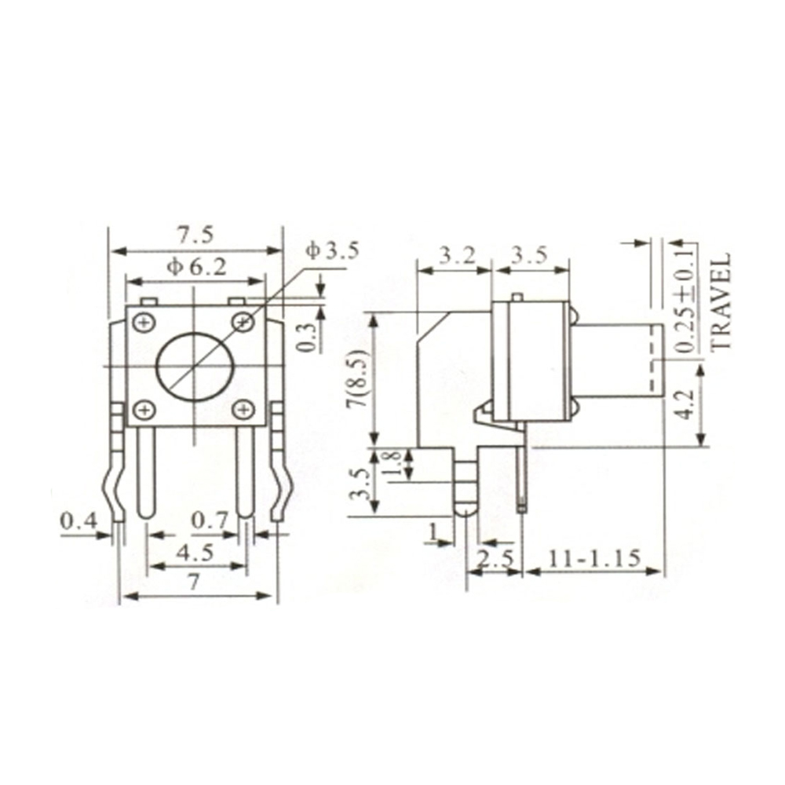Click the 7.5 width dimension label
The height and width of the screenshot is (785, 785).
(x=195, y=235)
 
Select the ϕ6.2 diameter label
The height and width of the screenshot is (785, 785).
(x=196, y=267)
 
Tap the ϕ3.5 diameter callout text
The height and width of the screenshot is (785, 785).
(x=332, y=251)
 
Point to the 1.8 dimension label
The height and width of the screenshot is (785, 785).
(x=396, y=463)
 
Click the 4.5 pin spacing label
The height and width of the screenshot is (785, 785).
(x=195, y=552)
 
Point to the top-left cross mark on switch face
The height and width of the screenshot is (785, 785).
(x=143, y=321)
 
